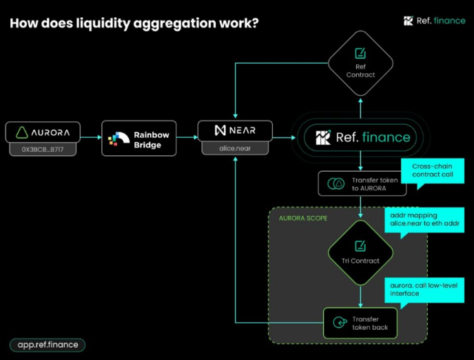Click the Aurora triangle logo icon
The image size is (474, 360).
(x=22, y=132)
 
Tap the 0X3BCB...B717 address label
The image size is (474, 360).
(x=43, y=149)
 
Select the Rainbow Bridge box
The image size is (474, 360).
(x=139, y=138)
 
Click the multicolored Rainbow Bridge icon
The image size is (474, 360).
(x=118, y=139)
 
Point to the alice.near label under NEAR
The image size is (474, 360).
(x=235, y=148)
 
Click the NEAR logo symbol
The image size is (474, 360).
(x=220, y=130)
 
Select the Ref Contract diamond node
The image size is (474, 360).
(x=360, y=63)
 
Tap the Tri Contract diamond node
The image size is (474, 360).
(x=360, y=253)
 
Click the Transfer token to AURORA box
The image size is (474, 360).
(x=362, y=183)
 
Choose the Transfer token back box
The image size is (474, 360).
(x=360, y=323)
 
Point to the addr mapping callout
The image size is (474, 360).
(x=424, y=220)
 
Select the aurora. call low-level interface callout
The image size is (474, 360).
(x=424, y=290)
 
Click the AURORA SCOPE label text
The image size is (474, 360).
(x=303, y=219)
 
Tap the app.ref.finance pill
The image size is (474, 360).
(x=48, y=345)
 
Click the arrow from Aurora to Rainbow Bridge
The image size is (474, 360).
(x=91, y=137)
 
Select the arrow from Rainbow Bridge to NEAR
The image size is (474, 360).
(x=187, y=137)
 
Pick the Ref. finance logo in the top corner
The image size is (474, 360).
(x=435, y=21)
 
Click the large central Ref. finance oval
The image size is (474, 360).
(x=360, y=138)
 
